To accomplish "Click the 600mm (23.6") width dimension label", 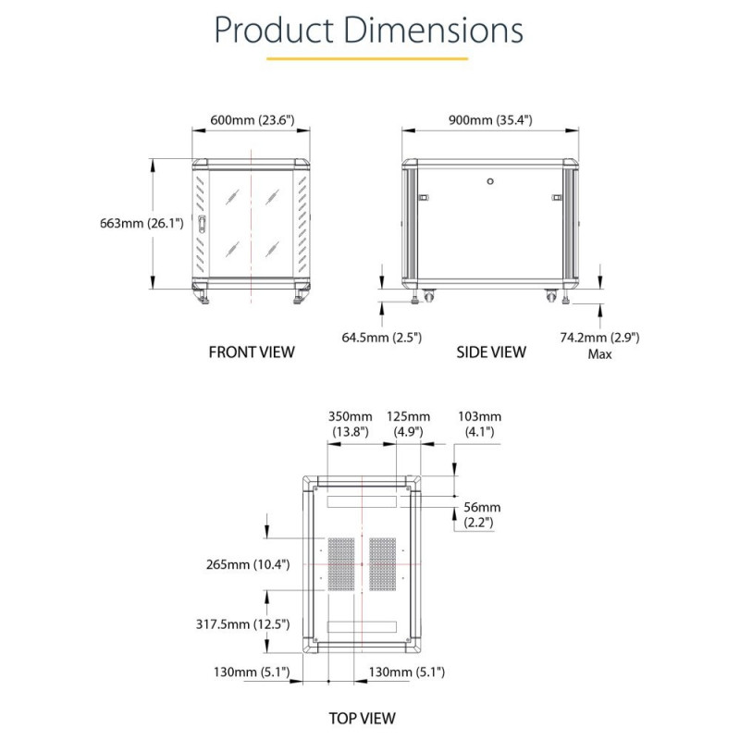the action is tap(252, 120).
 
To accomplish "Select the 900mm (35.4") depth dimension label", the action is tap(490, 120).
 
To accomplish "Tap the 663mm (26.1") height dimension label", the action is tap(142, 223).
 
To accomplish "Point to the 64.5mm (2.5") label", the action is tap(381, 338).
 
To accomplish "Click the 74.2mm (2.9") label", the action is tap(599, 338).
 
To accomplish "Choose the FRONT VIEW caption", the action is tap(252, 352).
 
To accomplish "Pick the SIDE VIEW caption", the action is tap(491, 352).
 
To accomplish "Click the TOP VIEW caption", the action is tap(362, 719).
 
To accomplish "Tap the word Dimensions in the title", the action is tap(433, 30).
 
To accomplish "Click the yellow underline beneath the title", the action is tap(367, 59).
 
